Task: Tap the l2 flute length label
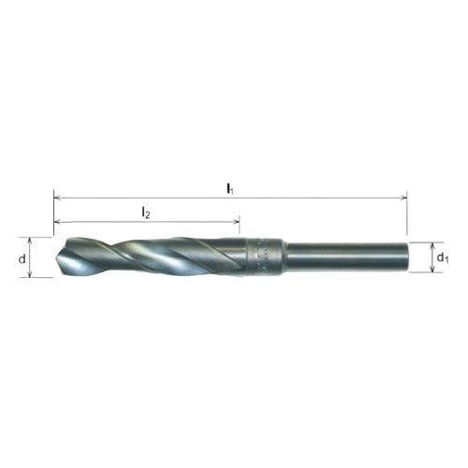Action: (x=145, y=213)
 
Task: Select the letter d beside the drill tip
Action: (x=21, y=257)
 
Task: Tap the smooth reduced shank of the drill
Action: (x=346, y=257)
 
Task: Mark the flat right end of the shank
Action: (x=406, y=257)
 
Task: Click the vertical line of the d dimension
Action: (x=34, y=257)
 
